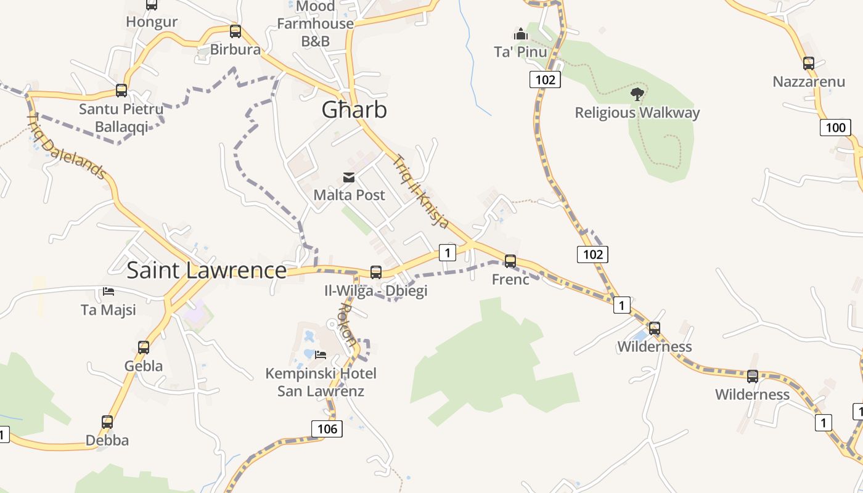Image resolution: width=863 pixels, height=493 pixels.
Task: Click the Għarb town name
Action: (x=354, y=110)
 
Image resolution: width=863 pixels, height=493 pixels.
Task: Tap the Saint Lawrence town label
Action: (x=207, y=270)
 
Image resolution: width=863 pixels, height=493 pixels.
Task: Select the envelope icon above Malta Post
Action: (x=349, y=178)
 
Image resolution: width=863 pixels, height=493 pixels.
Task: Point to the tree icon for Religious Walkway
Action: (x=637, y=94)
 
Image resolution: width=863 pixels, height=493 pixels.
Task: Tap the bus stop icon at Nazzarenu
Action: (x=809, y=63)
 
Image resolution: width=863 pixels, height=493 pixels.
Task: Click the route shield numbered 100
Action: (x=835, y=128)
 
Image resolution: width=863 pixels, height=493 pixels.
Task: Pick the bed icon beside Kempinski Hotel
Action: (x=321, y=354)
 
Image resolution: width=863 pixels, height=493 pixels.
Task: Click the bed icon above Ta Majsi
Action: (x=108, y=291)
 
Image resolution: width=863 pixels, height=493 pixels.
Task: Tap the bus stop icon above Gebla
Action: (x=144, y=347)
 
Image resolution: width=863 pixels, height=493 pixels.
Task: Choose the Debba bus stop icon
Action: (x=107, y=422)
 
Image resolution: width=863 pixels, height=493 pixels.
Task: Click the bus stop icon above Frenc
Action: (x=510, y=261)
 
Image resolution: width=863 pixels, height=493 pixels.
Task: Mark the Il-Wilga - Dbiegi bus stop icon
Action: (x=375, y=272)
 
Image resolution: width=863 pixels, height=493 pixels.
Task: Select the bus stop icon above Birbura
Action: (x=235, y=31)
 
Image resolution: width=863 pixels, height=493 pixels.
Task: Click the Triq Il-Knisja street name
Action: (x=420, y=191)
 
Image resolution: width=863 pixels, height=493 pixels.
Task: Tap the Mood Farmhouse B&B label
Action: (x=315, y=24)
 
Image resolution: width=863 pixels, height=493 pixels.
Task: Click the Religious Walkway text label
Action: (x=637, y=113)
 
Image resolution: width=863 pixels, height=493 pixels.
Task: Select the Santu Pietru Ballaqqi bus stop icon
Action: (x=121, y=91)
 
